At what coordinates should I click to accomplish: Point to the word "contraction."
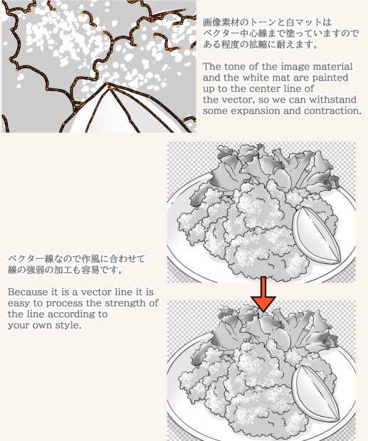click(x=328, y=110)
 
